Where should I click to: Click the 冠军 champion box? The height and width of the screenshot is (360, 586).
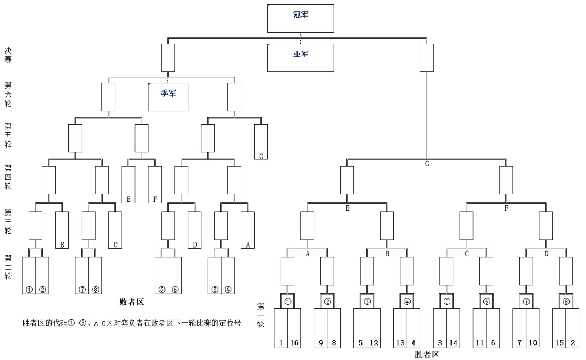(300, 18)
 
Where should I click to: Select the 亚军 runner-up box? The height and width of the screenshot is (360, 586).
(300, 57)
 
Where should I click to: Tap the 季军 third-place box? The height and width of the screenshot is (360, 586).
(168, 97)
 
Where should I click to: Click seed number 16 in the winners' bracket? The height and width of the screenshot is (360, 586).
(294, 343)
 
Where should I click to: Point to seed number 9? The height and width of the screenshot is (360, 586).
(321, 343)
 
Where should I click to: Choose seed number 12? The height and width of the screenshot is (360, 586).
(374, 343)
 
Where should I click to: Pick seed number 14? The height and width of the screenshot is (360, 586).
(453, 343)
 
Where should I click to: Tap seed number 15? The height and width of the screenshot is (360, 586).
(559, 343)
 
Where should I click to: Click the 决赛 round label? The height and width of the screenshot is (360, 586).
(8, 55)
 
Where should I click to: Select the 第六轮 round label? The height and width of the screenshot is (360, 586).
(8, 94)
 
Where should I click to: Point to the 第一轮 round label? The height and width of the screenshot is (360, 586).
(261, 315)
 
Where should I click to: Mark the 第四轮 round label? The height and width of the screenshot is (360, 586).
(8, 177)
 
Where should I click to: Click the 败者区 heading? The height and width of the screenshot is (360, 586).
(131, 302)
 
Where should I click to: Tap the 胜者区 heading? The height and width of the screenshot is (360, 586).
(427, 355)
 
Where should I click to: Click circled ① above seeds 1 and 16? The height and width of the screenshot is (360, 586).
(288, 301)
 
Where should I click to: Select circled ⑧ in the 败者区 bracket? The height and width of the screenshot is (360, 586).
(96, 289)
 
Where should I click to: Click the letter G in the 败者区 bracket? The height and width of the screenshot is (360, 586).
(261, 156)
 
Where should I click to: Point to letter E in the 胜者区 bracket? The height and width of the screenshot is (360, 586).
(347, 208)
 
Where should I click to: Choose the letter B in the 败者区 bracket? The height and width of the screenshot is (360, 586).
(62, 245)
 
